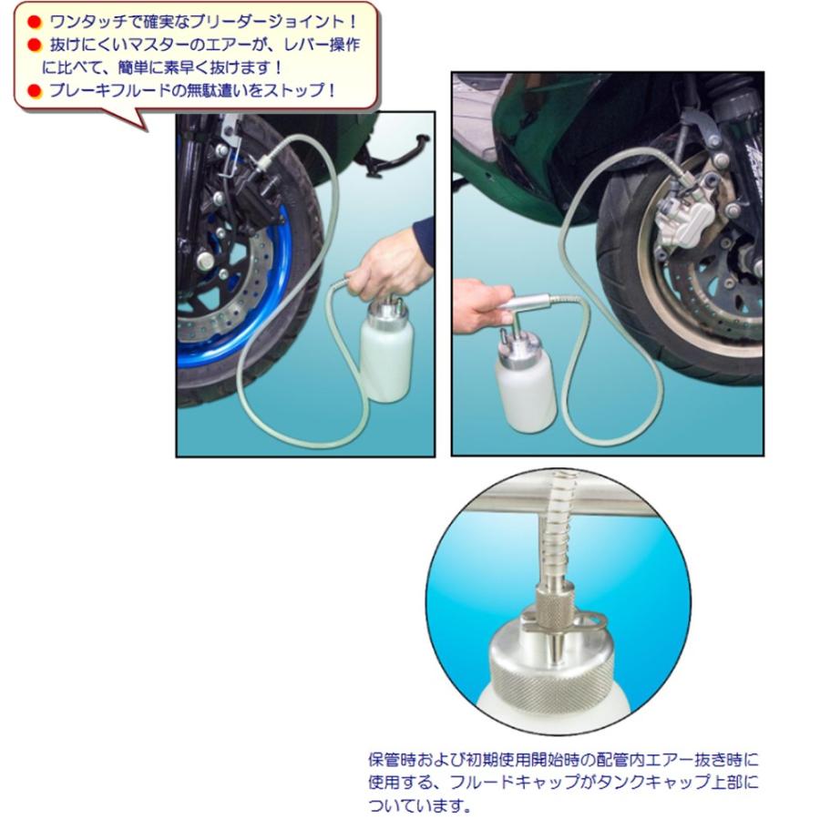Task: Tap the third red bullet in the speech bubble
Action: click(x=34, y=90)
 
